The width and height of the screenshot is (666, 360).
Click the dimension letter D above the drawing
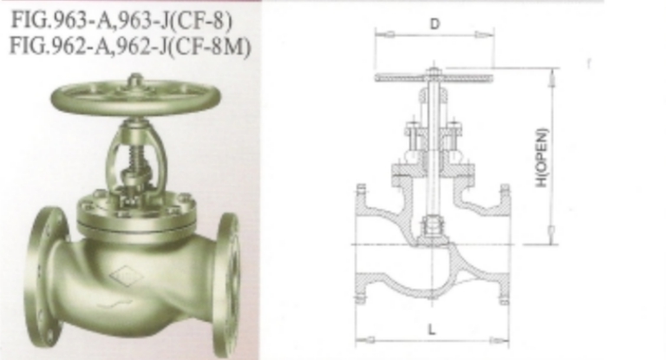(x=434, y=24)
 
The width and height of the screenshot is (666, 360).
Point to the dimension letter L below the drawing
(x=432, y=330)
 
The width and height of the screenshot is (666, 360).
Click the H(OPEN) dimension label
(x=542, y=158)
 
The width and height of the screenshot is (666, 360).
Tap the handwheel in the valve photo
(x=135, y=98)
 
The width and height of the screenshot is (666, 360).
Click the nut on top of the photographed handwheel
(x=135, y=80)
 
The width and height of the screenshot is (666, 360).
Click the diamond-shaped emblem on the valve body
(x=127, y=277)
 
